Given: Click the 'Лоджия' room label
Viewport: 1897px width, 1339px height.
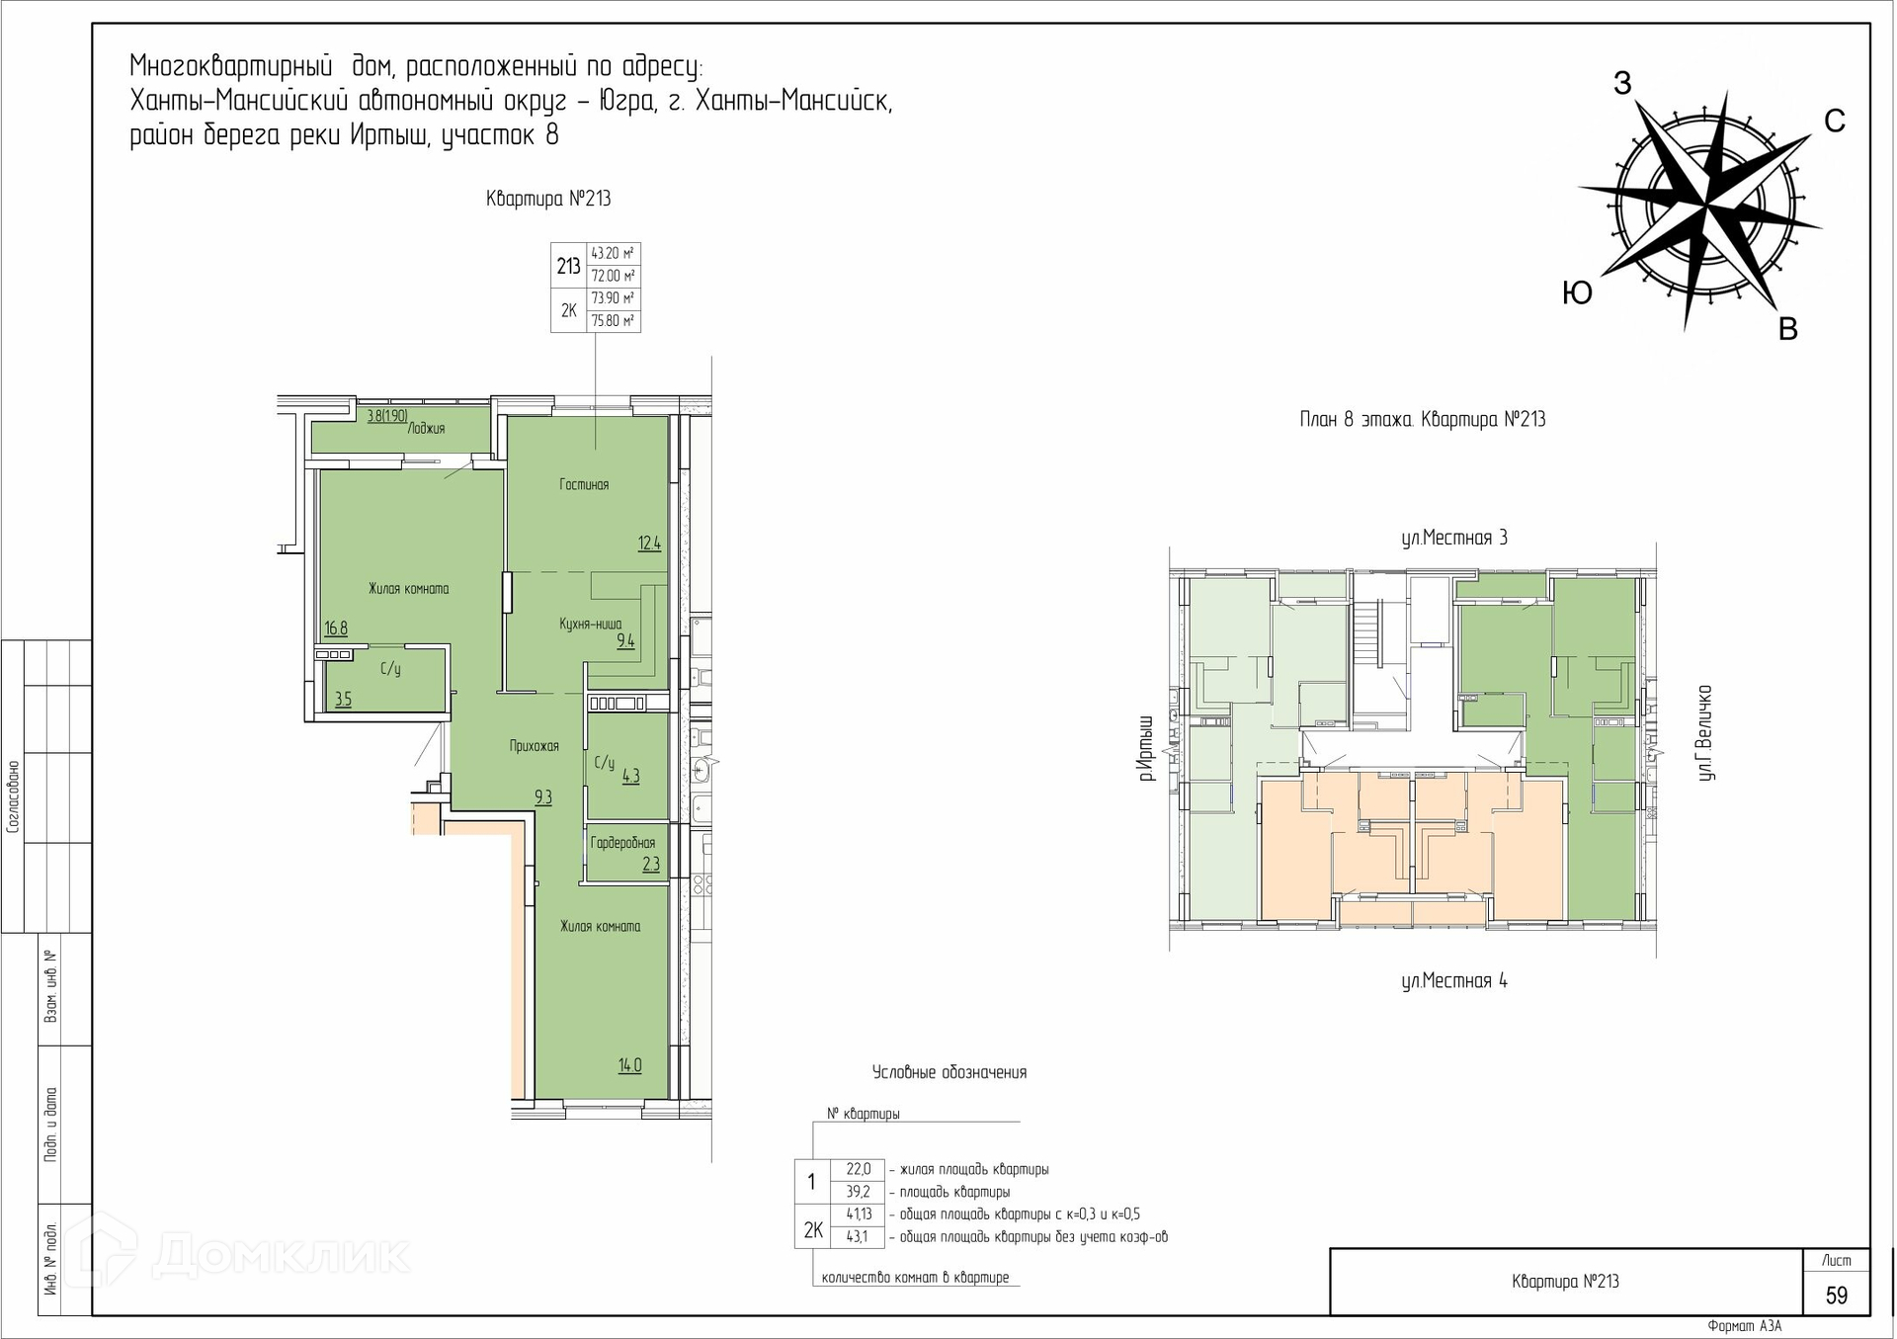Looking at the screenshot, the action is [426, 429].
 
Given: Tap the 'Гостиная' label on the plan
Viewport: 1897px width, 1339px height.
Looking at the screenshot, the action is [584, 484].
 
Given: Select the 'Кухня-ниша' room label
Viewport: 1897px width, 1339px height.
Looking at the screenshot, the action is [591, 624].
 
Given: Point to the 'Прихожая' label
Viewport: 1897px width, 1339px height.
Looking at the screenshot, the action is [535, 746].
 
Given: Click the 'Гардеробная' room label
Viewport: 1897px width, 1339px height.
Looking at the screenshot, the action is [622, 843].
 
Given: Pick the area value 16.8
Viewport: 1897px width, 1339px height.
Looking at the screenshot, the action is [336, 628].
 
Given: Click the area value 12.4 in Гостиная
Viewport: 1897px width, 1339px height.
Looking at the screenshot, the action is [649, 543].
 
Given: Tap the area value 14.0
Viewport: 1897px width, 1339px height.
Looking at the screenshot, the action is [630, 1065].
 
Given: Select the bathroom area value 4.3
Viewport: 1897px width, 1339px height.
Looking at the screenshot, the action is [631, 777].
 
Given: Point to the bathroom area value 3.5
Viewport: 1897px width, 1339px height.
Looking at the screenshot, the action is [343, 700].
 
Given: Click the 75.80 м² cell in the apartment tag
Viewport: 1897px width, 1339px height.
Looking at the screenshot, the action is [613, 321].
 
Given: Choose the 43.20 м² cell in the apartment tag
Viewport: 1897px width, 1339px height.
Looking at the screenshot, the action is [613, 254].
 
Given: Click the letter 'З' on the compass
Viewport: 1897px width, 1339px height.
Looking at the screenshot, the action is [1621, 84].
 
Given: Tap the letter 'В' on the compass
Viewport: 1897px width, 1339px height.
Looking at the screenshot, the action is [1787, 330].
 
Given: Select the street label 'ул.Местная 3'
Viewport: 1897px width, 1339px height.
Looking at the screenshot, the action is [1454, 539].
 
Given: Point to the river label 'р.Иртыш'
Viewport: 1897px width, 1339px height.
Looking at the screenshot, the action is [1146, 748].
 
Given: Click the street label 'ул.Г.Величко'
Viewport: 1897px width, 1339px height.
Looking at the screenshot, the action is [1705, 732].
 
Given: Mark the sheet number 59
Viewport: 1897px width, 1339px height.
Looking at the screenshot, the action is [1837, 1296].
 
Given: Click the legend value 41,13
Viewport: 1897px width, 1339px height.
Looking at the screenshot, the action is [859, 1214].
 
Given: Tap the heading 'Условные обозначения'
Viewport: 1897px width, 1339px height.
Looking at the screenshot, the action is [949, 1073].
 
